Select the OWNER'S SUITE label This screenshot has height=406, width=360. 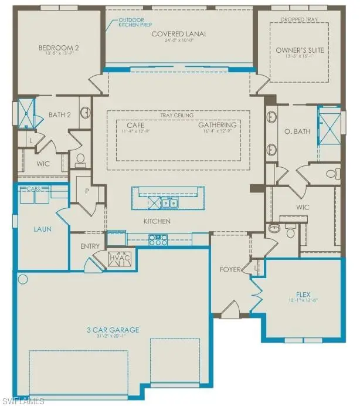tap(296, 50)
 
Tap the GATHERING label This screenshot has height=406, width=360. tap(217, 126)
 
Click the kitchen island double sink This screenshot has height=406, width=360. tap(171, 203)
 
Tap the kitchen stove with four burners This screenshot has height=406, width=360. tap(159, 239)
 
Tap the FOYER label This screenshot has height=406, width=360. tap(230, 270)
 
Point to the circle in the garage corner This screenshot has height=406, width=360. tap(23, 278)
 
